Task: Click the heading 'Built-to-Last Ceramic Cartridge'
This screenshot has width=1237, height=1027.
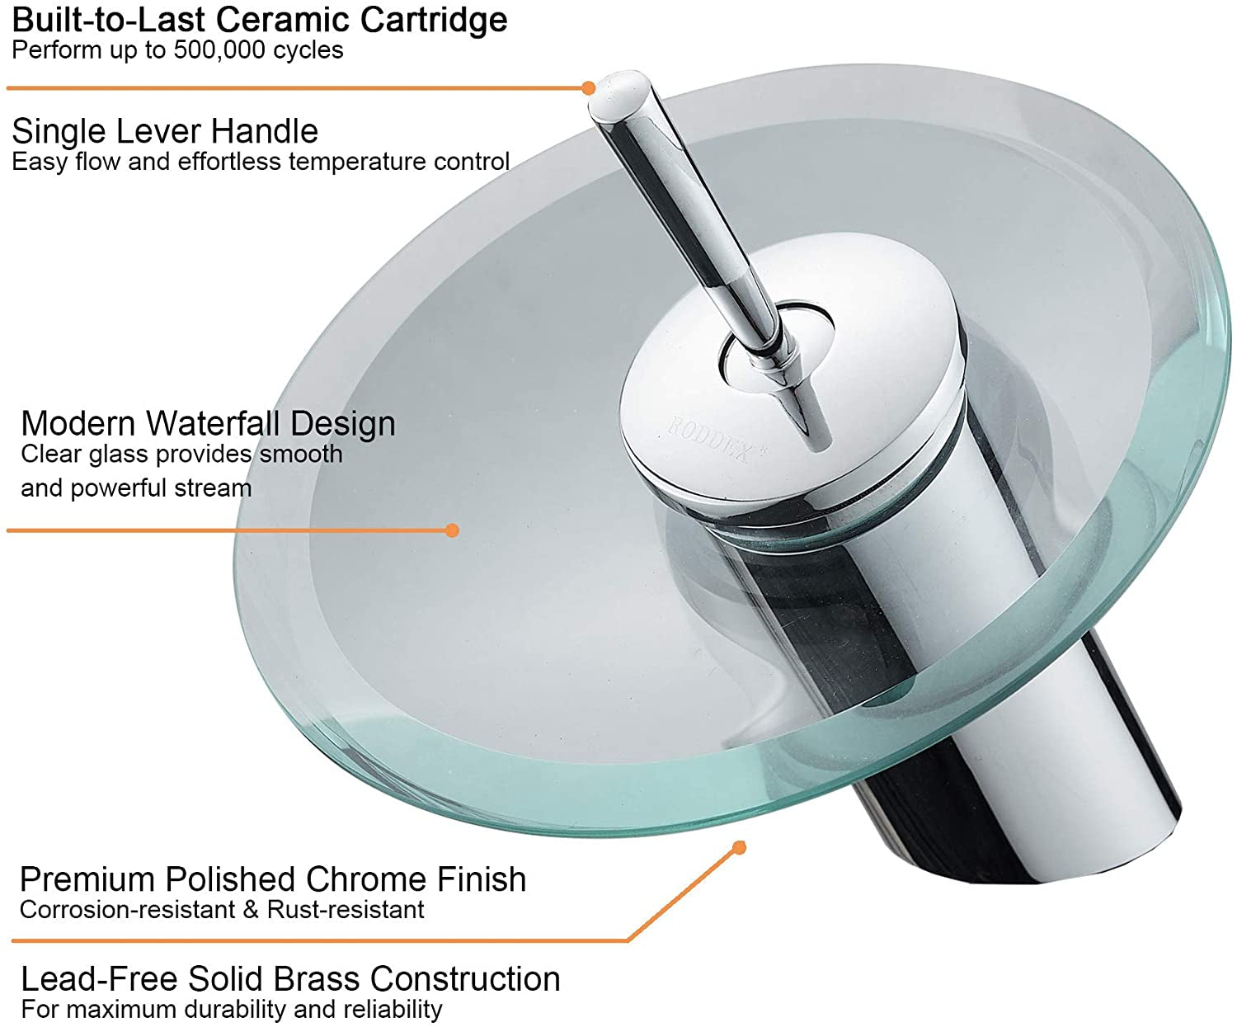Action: point(260,20)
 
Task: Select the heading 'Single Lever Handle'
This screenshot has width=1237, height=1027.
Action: point(165,131)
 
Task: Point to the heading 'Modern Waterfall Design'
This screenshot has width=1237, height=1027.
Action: point(208,423)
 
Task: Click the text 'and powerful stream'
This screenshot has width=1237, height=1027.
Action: point(136,488)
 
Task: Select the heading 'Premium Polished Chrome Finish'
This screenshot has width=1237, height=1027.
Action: point(272,879)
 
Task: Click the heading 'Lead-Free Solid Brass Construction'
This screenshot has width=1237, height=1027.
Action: point(290,979)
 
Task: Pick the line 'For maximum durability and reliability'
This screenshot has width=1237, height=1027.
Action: point(232,1009)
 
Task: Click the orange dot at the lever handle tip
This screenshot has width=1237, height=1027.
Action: point(588,87)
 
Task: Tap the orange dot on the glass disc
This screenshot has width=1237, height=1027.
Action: point(452,530)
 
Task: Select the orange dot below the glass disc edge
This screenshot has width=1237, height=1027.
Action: point(740,847)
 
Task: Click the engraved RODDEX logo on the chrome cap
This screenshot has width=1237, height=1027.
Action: point(709,441)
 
